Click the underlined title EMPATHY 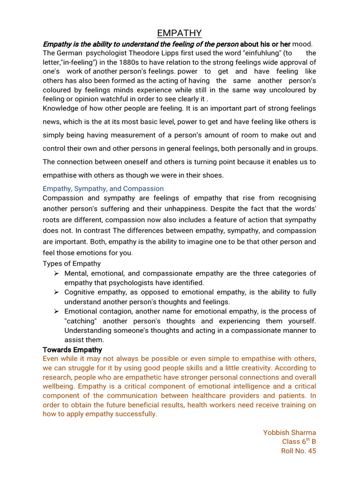(180, 33)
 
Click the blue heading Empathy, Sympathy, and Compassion (103, 188)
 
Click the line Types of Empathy (71, 263)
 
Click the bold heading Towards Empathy (72, 350)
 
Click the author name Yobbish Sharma (289, 432)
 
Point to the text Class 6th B (299, 442)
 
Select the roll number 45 (311, 451)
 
